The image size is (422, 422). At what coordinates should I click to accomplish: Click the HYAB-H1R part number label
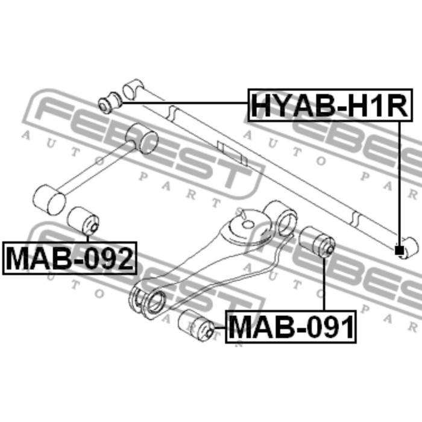click(330, 105)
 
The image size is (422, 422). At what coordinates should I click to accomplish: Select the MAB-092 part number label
click(70, 259)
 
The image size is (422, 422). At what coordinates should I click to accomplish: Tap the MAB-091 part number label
click(291, 327)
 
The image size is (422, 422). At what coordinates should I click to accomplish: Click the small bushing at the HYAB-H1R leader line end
click(110, 102)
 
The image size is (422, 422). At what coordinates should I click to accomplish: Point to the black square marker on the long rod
click(399, 251)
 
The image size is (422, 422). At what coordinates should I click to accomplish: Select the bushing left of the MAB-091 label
click(196, 326)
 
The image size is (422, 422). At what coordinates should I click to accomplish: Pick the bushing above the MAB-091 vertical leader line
click(318, 242)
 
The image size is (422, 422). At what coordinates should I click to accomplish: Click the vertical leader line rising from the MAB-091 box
click(324, 284)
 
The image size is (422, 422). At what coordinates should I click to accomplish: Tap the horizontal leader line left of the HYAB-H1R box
click(185, 102)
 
